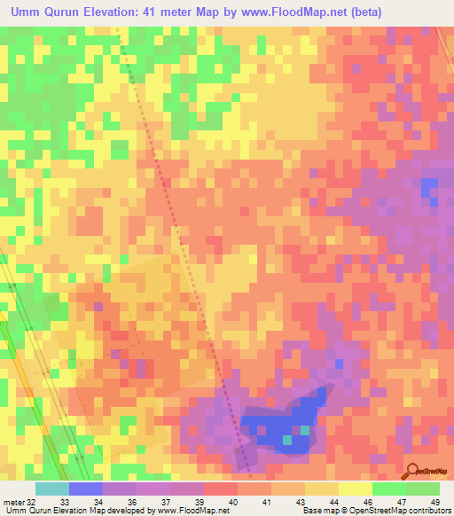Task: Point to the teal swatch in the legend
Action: pos(51,489)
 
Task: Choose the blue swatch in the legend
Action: pos(86,489)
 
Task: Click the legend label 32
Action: pos(32,502)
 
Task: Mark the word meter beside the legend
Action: pos(13,502)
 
